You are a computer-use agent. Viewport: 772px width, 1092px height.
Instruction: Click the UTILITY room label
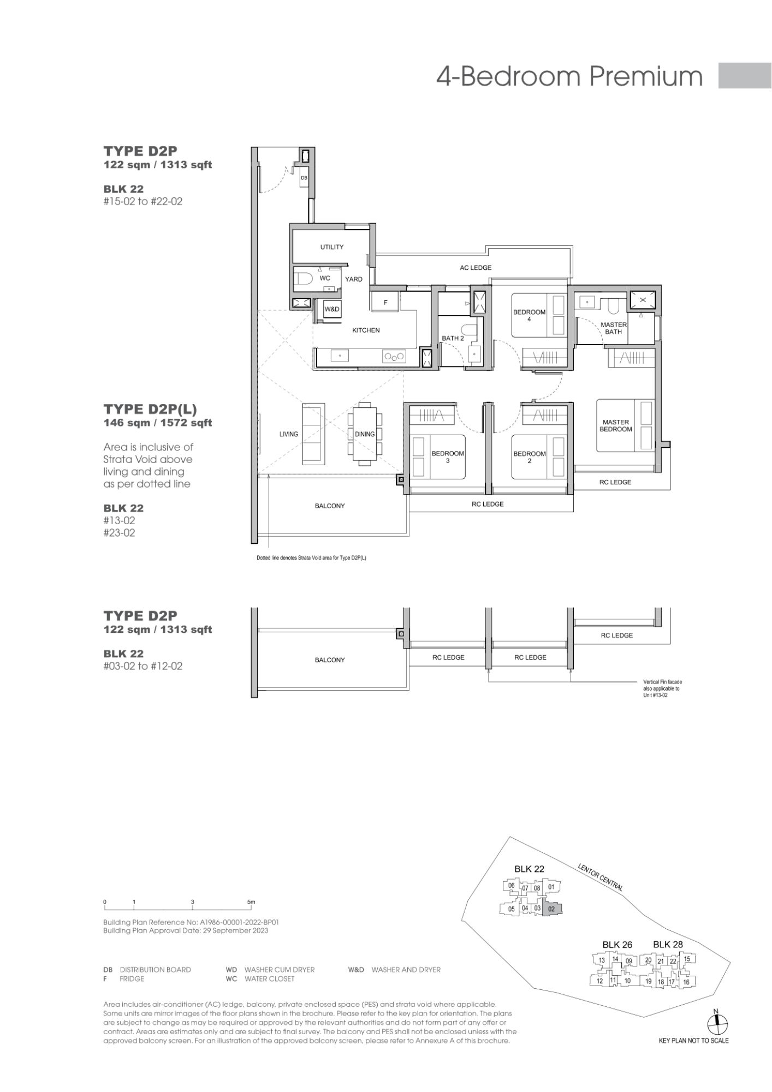(332, 247)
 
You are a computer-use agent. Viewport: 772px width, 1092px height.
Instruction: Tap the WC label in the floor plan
(325, 278)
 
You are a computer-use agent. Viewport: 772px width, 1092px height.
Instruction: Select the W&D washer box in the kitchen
(332, 310)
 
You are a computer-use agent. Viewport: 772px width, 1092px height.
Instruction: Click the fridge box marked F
(385, 302)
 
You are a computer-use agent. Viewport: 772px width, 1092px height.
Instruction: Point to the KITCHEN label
(366, 330)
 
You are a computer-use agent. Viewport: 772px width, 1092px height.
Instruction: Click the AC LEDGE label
(476, 268)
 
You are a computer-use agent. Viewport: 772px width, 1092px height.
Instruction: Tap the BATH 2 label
(453, 339)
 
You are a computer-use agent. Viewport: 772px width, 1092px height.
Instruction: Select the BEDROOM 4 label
(529, 316)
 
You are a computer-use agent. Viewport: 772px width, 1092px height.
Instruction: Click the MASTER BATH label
(614, 328)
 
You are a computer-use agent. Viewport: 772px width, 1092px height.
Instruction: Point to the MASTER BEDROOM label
(616, 426)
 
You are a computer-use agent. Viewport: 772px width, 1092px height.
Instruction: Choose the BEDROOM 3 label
(448, 457)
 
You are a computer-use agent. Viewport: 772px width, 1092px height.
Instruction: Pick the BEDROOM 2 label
(529, 458)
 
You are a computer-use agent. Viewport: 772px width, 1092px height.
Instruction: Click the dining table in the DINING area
(365, 434)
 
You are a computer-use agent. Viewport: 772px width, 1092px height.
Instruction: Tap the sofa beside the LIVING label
(313, 434)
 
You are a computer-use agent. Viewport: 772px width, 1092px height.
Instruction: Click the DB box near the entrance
(304, 177)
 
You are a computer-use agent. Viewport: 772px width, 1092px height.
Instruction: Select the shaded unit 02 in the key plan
(551, 909)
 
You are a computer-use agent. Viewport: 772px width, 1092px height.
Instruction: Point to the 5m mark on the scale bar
(251, 902)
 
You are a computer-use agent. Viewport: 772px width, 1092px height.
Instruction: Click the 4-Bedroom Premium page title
(569, 76)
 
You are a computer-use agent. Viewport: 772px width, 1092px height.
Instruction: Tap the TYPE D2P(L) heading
(150, 409)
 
